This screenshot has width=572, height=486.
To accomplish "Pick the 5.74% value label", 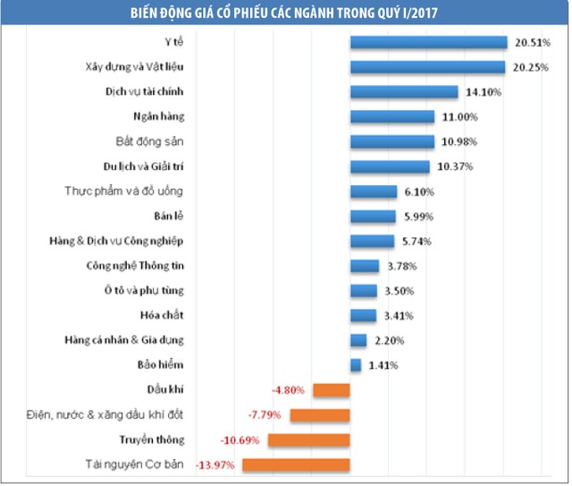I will tap(416, 241).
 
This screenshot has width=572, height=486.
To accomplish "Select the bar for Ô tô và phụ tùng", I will tap(364, 291).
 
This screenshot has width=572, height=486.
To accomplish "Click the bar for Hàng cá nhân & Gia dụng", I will tap(358, 340).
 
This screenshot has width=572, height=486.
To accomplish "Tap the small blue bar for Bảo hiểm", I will tap(356, 365).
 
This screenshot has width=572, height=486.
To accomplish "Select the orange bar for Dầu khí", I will tap(331, 390).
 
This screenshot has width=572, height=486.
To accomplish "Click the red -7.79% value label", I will tap(266, 415).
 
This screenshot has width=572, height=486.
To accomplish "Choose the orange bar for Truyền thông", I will tap(308, 439).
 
